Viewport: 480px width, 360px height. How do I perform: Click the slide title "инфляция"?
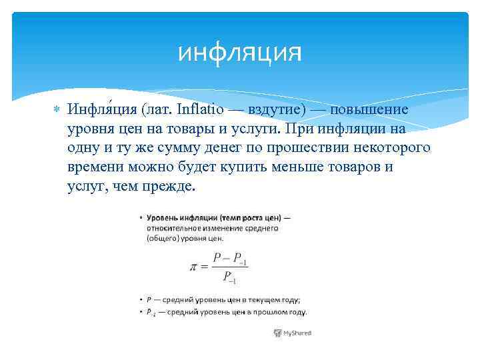click(240, 52)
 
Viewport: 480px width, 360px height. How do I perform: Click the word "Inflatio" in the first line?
click(193, 109)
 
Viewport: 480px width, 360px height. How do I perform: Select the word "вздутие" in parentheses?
click(271, 109)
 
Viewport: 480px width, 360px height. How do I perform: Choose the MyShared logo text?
click(297, 333)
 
